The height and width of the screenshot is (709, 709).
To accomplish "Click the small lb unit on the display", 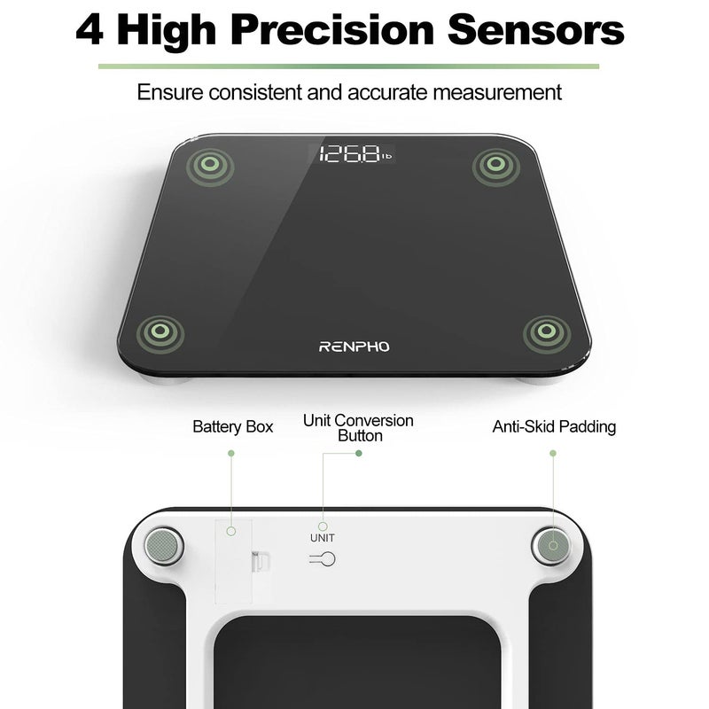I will pos(386,158).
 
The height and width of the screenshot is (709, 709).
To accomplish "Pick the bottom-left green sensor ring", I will pos(160,332).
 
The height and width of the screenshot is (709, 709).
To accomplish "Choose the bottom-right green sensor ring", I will pos(541,333).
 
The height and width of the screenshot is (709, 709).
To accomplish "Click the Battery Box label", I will pos(232,426).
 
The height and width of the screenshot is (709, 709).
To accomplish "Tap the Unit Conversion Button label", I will pos(358,427).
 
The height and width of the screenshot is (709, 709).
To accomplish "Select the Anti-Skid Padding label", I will pos(554,426).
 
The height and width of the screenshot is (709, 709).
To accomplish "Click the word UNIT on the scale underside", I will pos(323,537).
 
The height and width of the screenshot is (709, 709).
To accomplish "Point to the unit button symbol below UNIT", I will pos(323,558).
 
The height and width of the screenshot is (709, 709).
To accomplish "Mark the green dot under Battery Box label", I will pos(231,453).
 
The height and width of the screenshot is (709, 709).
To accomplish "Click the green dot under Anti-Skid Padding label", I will pos(553,453).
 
